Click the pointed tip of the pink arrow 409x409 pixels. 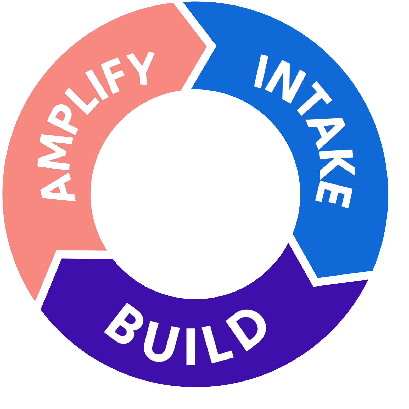pos(207,47)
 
